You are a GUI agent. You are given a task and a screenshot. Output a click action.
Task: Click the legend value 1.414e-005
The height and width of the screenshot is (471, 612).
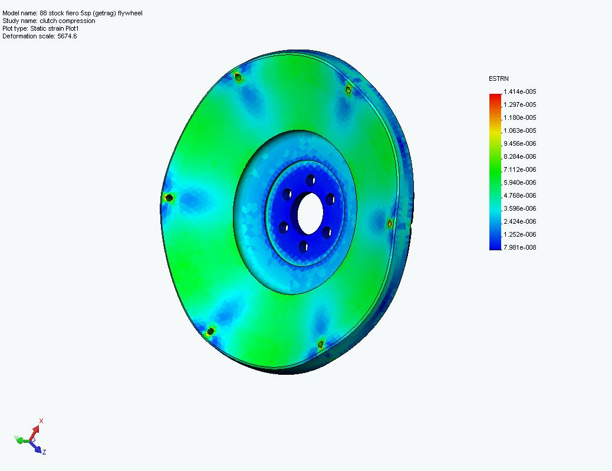pyautogui.click(x=519, y=91)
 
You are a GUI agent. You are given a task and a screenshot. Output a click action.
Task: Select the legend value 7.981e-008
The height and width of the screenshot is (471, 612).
pyautogui.click(x=519, y=247)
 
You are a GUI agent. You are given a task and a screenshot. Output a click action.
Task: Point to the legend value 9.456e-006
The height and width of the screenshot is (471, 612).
pyautogui.click(x=519, y=143)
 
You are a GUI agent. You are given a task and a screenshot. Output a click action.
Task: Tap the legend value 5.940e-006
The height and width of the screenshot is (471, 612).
pyautogui.click(x=519, y=182)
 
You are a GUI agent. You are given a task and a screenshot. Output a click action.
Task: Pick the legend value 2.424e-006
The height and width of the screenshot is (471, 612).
pyautogui.click(x=519, y=221)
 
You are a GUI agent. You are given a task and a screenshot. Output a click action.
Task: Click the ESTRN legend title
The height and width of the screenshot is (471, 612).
pyautogui.click(x=499, y=78)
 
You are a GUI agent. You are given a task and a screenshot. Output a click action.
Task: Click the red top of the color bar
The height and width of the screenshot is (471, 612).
pyautogui.click(x=495, y=96)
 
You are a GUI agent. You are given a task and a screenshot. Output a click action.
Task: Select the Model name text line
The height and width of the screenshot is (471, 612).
pyautogui.click(x=72, y=13)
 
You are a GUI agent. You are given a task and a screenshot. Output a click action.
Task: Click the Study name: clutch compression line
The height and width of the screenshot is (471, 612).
pyautogui.click(x=48, y=21)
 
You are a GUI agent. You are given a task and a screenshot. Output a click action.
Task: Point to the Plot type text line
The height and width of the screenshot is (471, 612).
pyautogui.click(x=41, y=28)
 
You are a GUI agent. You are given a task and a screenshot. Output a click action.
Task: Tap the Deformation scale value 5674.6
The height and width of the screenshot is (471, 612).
pyautogui.click(x=67, y=36)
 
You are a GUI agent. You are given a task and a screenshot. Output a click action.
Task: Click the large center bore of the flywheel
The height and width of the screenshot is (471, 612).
pyautogui.click(x=309, y=213)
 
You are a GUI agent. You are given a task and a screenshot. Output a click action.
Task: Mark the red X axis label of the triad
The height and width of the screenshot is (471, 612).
pyautogui.click(x=41, y=421)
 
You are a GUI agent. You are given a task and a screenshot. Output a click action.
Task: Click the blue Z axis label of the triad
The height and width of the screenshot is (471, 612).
pyautogui.click(x=44, y=452)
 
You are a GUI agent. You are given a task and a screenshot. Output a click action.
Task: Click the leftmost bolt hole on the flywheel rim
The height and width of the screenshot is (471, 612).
pyautogui.click(x=169, y=198)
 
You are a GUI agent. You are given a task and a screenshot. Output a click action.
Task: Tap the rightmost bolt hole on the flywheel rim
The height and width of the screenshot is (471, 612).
pyautogui.click(x=390, y=223)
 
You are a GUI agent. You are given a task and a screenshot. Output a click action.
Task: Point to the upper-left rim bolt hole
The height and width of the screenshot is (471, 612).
pyautogui.click(x=238, y=77)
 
